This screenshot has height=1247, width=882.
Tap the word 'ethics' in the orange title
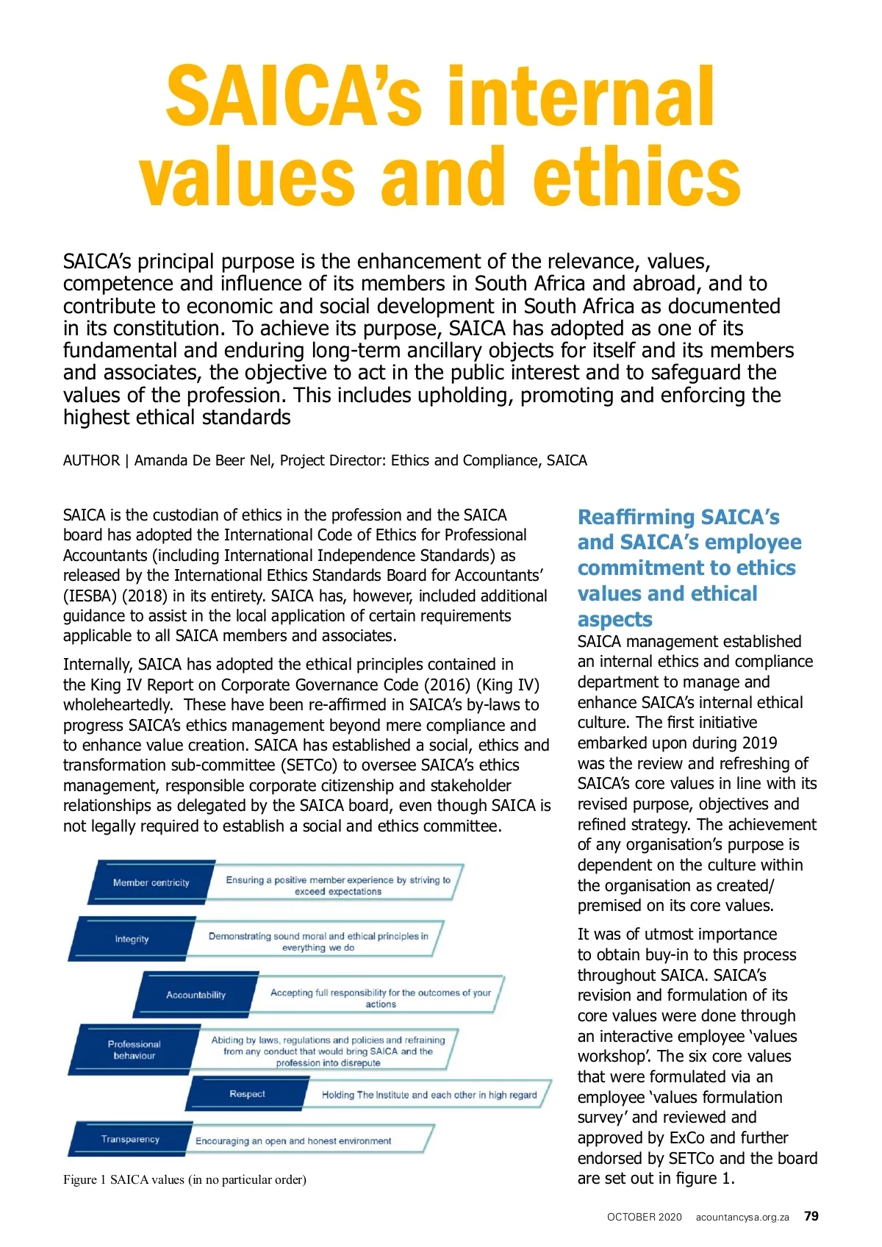tap(637, 176)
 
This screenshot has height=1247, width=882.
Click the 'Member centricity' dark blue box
tap(151, 882)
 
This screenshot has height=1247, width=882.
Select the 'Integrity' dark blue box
tap(132, 939)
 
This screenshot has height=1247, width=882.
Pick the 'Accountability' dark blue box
tap(196, 995)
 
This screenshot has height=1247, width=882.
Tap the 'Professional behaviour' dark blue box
tap(134, 1050)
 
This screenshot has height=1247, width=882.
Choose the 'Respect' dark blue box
tap(247, 1094)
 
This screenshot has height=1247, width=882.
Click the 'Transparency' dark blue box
tap(130, 1139)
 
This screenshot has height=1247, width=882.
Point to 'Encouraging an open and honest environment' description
tap(293, 1141)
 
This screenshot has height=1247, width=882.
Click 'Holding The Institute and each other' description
tap(429, 1095)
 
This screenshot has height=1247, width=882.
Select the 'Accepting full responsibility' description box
tap(380, 998)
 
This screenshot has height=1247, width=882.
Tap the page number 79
tap(811, 1216)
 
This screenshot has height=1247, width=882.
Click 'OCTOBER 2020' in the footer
tap(644, 1217)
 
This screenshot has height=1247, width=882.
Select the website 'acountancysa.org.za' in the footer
tap(742, 1217)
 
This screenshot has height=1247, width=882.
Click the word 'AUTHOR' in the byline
tap(91, 460)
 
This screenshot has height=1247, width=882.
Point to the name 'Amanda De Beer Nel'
tap(203, 460)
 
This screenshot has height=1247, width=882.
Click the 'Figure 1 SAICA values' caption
tap(184, 1179)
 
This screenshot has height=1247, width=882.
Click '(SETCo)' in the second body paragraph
tap(308, 765)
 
